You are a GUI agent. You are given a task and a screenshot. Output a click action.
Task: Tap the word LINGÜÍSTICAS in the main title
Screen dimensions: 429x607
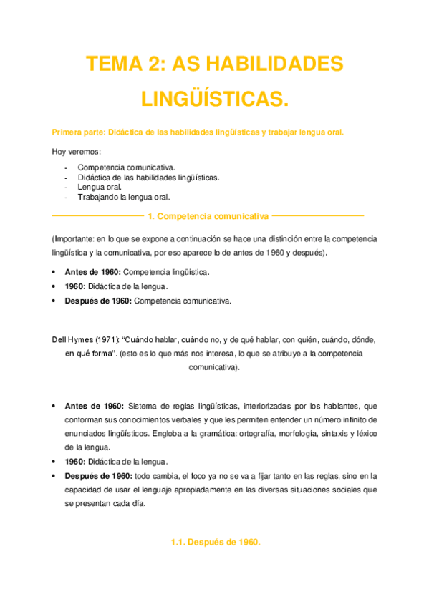214,99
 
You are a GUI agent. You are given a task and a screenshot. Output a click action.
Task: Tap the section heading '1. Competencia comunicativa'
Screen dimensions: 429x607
206,215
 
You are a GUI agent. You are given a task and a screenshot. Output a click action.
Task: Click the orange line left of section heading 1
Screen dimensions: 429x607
96,215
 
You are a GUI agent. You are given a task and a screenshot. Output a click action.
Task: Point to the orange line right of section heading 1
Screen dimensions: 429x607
318,215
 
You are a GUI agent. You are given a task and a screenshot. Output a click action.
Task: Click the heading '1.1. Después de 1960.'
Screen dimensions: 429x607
215,542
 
